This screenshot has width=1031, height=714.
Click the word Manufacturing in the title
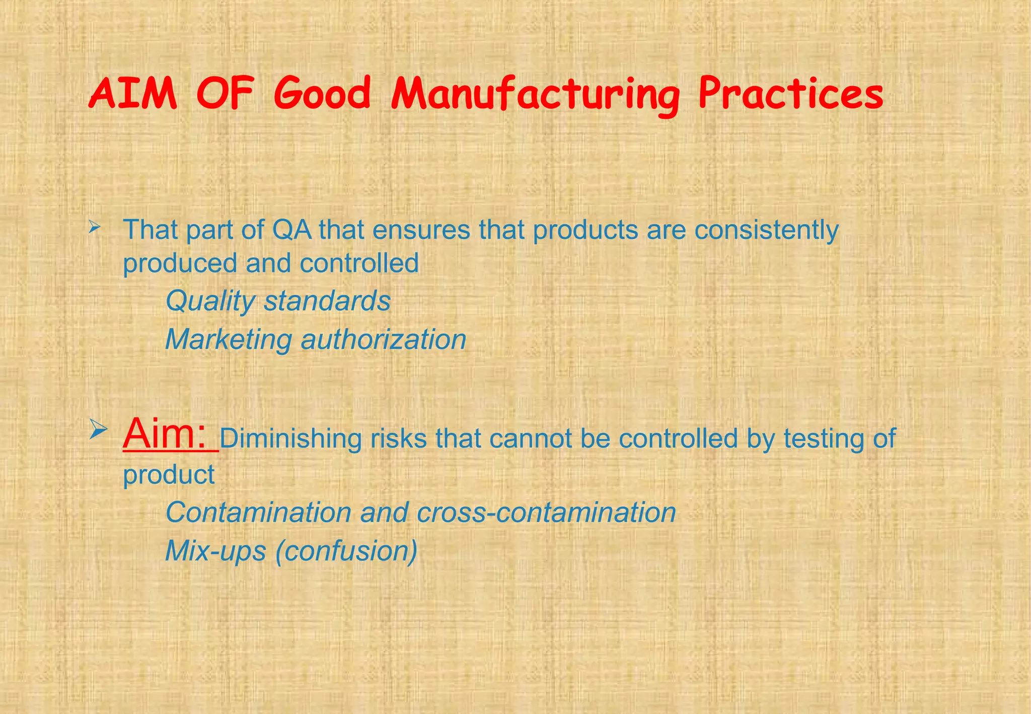tap(535, 95)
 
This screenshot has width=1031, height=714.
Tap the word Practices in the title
tap(790, 95)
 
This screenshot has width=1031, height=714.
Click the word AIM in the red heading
tap(133, 95)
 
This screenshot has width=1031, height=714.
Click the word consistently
tap(766, 230)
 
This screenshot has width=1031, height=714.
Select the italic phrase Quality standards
tap(278, 301)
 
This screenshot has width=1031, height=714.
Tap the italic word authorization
tap(383, 339)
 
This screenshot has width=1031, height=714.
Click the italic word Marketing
tap(229, 339)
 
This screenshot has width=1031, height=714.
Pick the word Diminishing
tap(290, 439)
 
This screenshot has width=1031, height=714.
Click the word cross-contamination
tap(546, 513)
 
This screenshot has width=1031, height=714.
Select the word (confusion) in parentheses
tap(346, 551)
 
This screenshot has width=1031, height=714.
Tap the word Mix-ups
tap(215, 551)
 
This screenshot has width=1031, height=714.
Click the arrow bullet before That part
tap(94, 228)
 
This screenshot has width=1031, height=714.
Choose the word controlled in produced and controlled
tap(359, 263)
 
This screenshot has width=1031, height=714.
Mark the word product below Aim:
tap(169, 475)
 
